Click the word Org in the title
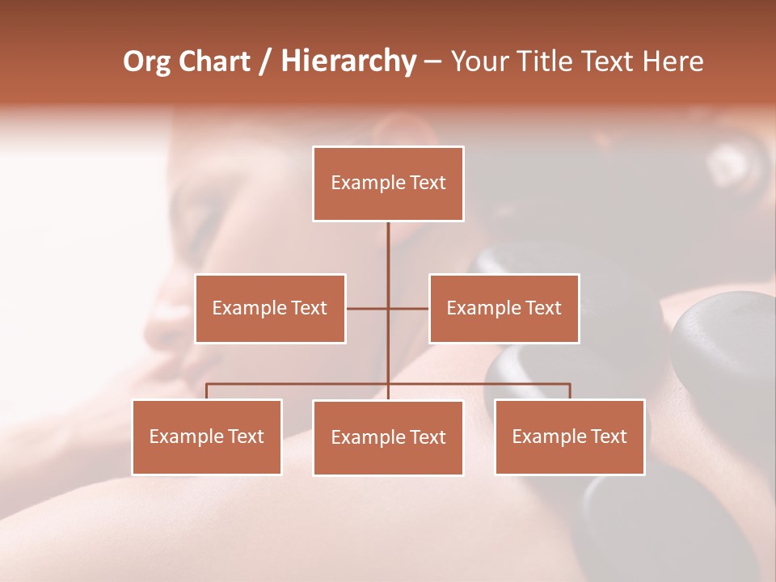147,61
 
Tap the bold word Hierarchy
348,61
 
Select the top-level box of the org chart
388,183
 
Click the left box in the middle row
270,308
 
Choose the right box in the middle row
504,308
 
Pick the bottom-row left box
207,436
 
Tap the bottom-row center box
388,437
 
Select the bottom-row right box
569,436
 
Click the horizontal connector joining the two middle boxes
368,308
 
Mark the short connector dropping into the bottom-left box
207,391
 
